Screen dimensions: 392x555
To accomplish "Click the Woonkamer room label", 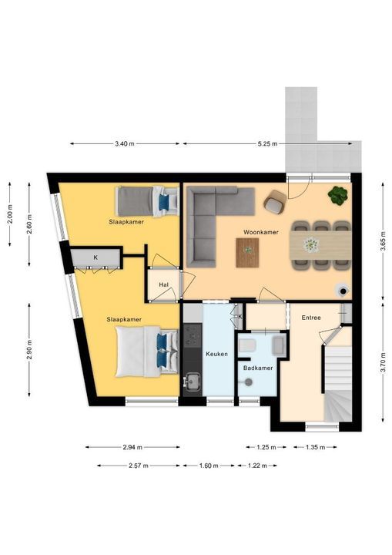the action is coord(261,232).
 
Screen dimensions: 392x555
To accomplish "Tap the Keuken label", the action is coord(217,354).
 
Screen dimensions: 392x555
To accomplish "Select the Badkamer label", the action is coord(258,368).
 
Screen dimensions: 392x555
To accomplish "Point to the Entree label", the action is coord(311,318).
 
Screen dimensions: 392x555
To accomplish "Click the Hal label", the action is coord(163,284).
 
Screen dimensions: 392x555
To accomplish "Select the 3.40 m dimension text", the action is coord(125,143).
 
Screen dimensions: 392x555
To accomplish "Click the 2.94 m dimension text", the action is coord(132,447).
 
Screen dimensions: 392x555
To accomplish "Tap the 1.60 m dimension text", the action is coord(209,466).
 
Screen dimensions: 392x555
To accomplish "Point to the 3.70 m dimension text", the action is coord(383,362).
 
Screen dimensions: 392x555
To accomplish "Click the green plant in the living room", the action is coord(337,195).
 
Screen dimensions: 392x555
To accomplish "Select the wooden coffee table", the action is coord(248,252).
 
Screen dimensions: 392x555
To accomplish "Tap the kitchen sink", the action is coord(192,382).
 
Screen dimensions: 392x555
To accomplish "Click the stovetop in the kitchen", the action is coord(193,335).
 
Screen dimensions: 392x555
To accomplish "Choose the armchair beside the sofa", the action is coord(274,202).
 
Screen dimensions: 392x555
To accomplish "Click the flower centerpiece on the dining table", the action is coord(311,244).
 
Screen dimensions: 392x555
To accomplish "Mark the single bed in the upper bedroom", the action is coord(147,201).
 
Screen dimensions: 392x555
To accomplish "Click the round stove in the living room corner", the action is coord(343,291).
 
